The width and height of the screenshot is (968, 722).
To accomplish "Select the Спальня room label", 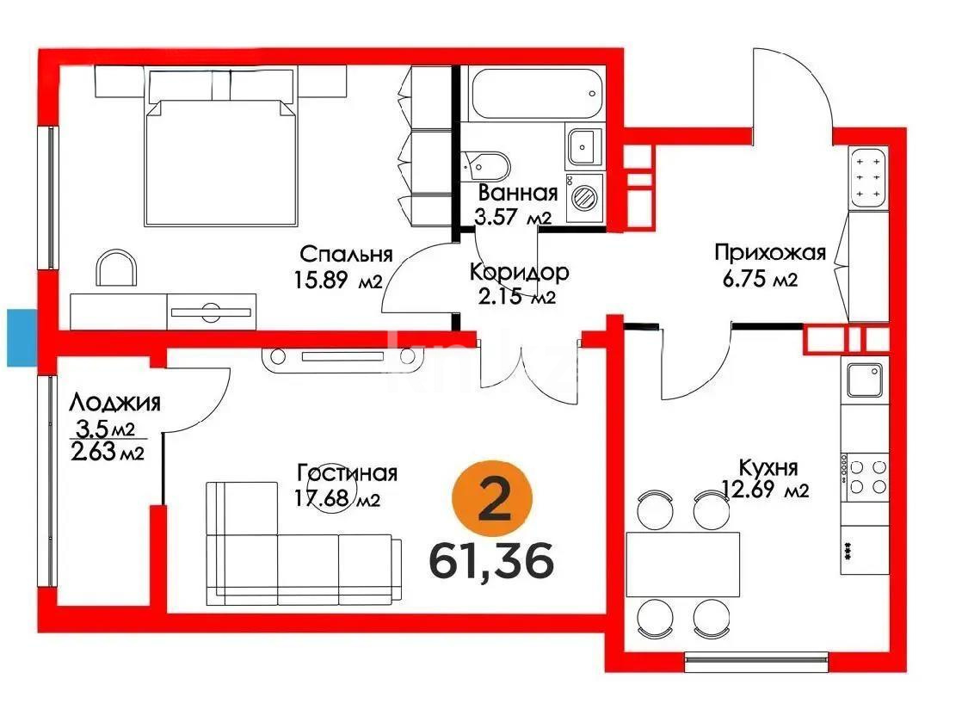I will (x=346, y=254).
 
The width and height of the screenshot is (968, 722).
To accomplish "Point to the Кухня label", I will (x=768, y=467).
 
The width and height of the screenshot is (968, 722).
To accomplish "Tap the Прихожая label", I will (x=770, y=252).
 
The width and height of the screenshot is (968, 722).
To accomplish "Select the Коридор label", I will (x=519, y=273).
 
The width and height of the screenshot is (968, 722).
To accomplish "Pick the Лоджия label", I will (x=115, y=402).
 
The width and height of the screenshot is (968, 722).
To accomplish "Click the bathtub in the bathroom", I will (x=534, y=96).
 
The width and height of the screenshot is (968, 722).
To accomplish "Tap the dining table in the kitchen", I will (x=683, y=565).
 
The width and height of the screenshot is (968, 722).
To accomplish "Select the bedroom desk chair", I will (x=117, y=268).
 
